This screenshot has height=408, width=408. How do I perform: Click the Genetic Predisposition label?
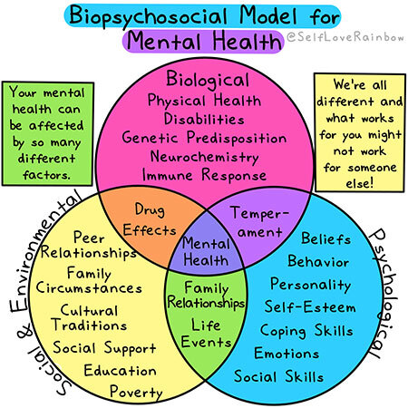click(204, 138)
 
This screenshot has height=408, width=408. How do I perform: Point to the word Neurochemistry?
click(204, 157)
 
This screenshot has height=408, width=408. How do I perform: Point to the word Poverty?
click(135, 392)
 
